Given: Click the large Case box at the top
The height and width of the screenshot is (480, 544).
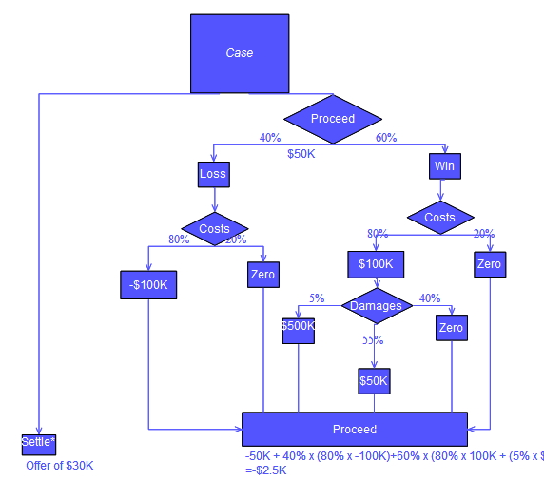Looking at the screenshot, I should [x=240, y=53].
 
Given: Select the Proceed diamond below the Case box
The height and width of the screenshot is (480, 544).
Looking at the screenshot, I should [x=333, y=119].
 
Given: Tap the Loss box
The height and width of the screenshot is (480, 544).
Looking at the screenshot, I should [x=213, y=174].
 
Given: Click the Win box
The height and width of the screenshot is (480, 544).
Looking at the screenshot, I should [x=444, y=166].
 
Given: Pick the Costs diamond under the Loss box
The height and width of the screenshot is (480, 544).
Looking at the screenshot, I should [x=215, y=229].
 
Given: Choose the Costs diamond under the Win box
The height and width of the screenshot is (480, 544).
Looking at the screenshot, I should [x=440, y=218].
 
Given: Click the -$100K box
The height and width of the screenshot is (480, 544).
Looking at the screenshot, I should [x=148, y=284].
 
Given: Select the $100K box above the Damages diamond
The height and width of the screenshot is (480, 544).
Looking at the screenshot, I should [x=376, y=263].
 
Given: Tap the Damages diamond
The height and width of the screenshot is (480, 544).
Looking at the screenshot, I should [x=377, y=306].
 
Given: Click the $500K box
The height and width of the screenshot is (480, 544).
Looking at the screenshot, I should [x=299, y=326].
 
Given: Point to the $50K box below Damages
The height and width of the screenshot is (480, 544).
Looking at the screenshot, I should [x=374, y=381].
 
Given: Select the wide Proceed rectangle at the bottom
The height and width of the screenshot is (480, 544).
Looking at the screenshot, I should [x=354, y=430].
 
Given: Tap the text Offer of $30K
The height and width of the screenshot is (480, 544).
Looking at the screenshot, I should [x=60, y=466].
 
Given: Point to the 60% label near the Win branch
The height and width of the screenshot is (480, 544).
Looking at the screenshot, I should [x=386, y=138].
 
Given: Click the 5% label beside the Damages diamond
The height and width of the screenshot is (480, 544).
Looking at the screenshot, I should [x=317, y=298].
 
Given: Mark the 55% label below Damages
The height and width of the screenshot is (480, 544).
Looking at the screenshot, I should [x=373, y=340].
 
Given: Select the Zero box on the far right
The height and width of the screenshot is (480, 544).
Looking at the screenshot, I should [x=489, y=264].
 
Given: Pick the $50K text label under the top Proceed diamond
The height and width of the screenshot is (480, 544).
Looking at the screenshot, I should [x=301, y=153].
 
